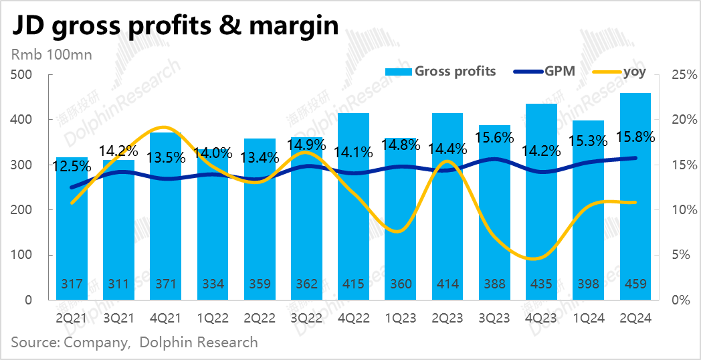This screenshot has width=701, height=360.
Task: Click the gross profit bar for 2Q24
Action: (x=635, y=201)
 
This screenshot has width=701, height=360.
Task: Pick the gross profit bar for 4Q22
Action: (x=353, y=207)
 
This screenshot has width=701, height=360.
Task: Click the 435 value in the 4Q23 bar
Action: (x=541, y=284)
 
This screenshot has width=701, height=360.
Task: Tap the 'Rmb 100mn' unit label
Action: (x=50, y=54)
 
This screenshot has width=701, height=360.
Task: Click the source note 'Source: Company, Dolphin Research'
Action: (x=134, y=343)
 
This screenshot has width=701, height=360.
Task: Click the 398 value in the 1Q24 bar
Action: (x=589, y=284)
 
